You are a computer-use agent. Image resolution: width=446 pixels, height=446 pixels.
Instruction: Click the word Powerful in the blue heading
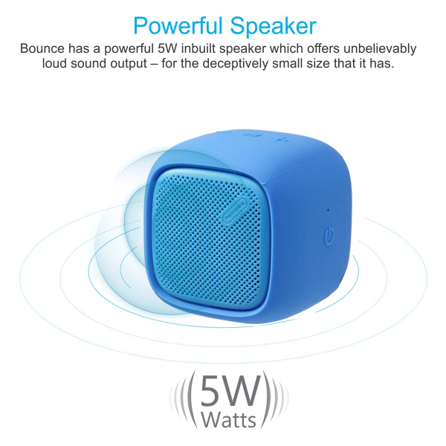pos(178,26)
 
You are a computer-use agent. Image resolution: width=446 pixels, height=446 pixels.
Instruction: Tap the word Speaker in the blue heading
pos(273,25)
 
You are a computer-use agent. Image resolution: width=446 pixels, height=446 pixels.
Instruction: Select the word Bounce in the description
pos(42,48)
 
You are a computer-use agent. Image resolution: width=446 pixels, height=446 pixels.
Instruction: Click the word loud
pos(54,63)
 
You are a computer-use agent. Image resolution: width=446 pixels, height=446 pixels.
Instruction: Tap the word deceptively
pos(235,64)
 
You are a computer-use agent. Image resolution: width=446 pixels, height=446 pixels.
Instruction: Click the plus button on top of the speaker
pos(277,139)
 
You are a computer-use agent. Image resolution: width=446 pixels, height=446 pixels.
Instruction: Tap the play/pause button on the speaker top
pos(251,135)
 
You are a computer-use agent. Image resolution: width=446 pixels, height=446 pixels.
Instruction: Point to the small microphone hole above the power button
pos(328,210)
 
